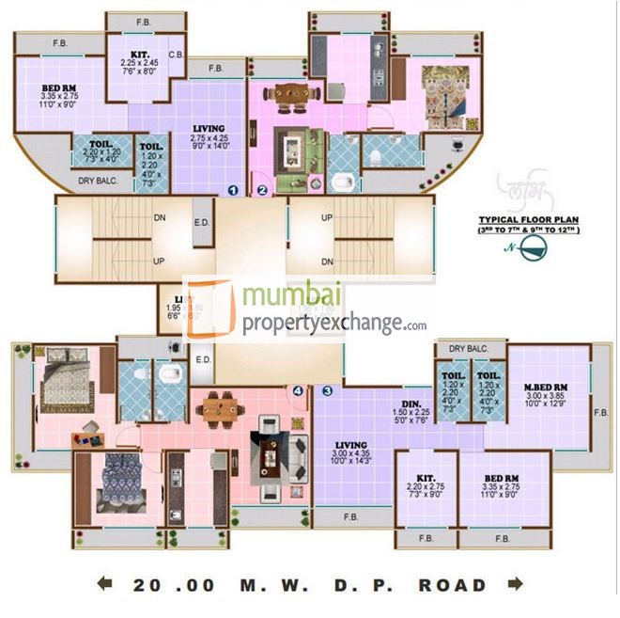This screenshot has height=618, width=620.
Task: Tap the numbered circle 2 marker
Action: pos(262,189)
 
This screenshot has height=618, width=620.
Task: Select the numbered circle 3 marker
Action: pos(327,390)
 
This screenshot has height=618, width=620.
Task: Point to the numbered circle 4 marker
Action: pos(298,390)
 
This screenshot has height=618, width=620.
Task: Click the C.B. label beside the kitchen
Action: pos(176,55)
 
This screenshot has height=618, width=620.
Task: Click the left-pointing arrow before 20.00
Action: pos(105,584)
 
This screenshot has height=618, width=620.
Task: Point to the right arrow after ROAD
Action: pos(514,584)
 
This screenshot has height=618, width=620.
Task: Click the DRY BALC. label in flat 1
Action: pos(98,181)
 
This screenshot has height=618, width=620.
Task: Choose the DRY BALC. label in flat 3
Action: pos(470,349)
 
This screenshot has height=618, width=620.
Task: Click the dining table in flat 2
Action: pos(291,93)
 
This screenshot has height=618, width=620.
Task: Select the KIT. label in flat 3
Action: pos(425,479)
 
